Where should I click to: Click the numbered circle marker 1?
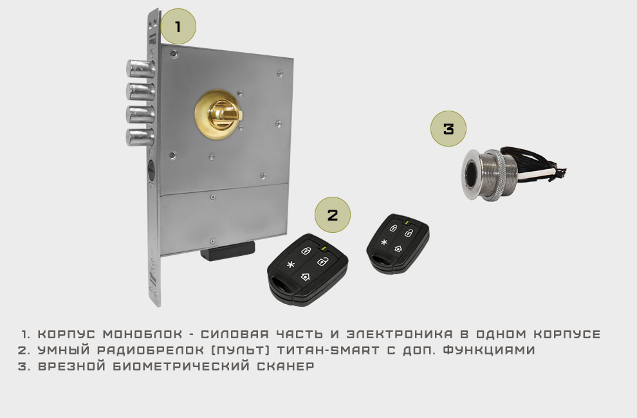[x=178, y=26]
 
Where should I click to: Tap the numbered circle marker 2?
[x=332, y=215]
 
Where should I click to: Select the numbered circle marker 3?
[x=448, y=129]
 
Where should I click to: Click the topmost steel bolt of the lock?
[x=140, y=68]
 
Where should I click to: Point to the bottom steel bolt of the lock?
[x=140, y=137]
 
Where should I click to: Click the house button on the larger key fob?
[x=306, y=277]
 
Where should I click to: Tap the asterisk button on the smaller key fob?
[x=383, y=242]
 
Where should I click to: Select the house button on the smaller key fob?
[x=398, y=248]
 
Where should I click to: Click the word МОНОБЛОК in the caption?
[x=143, y=334]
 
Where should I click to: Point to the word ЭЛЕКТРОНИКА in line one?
[x=400, y=334]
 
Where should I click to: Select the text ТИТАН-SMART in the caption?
[x=328, y=350]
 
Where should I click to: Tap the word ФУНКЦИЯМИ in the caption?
[x=489, y=350]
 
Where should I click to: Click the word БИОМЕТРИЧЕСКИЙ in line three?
[x=181, y=366]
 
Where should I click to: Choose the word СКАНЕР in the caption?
[x=286, y=366]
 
